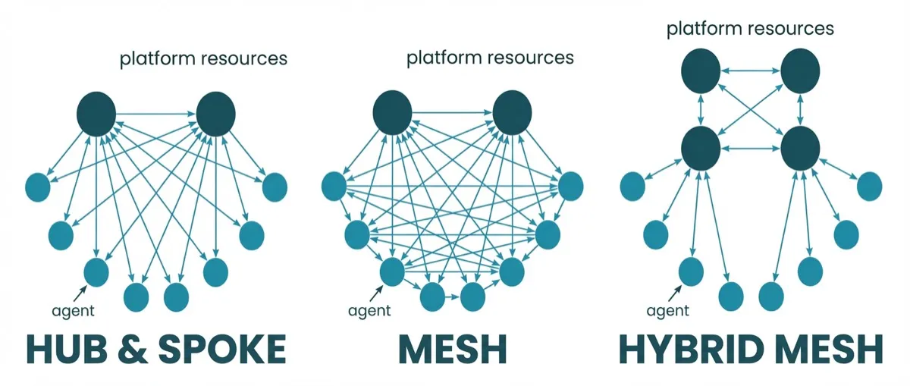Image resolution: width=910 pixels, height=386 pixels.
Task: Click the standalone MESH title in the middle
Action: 453,350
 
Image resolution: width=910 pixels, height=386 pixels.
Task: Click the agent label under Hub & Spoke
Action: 74,311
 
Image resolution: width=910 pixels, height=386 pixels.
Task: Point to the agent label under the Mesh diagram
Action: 369,311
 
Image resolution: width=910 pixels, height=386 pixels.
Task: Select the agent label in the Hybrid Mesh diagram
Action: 668,311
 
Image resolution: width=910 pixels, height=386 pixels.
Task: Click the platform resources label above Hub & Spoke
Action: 203,58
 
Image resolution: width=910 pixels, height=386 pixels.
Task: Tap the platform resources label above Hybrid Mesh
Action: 750,29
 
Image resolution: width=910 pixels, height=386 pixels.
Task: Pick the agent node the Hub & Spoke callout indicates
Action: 96,271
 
